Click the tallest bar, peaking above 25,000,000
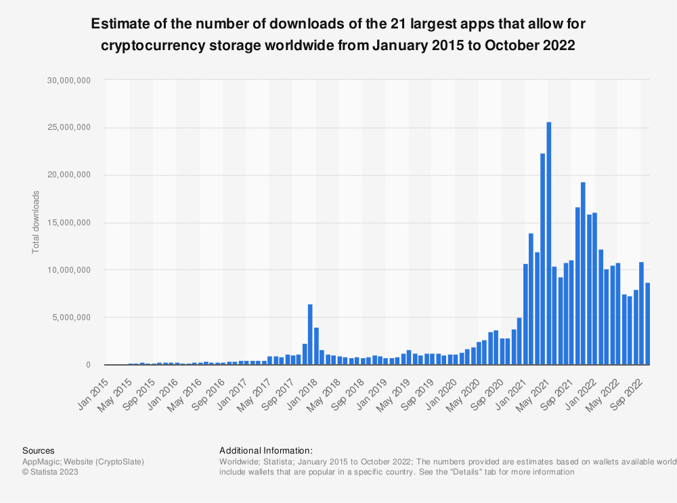(x=549, y=244)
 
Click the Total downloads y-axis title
(x=36, y=222)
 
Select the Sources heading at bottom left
(x=39, y=450)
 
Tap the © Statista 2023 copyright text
(x=50, y=472)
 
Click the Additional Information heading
(x=266, y=450)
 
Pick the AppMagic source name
(x=41, y=461)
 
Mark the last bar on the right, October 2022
(x=647, y=324)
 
